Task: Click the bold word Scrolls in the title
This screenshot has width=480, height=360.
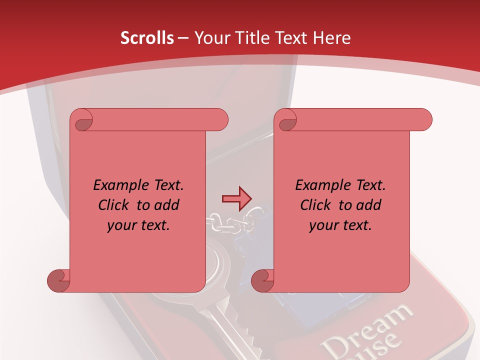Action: click(x=147, y=38)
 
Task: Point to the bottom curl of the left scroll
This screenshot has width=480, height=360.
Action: click(x=58, y=280)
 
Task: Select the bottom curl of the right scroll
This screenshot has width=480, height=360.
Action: click(x=262, y=280)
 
